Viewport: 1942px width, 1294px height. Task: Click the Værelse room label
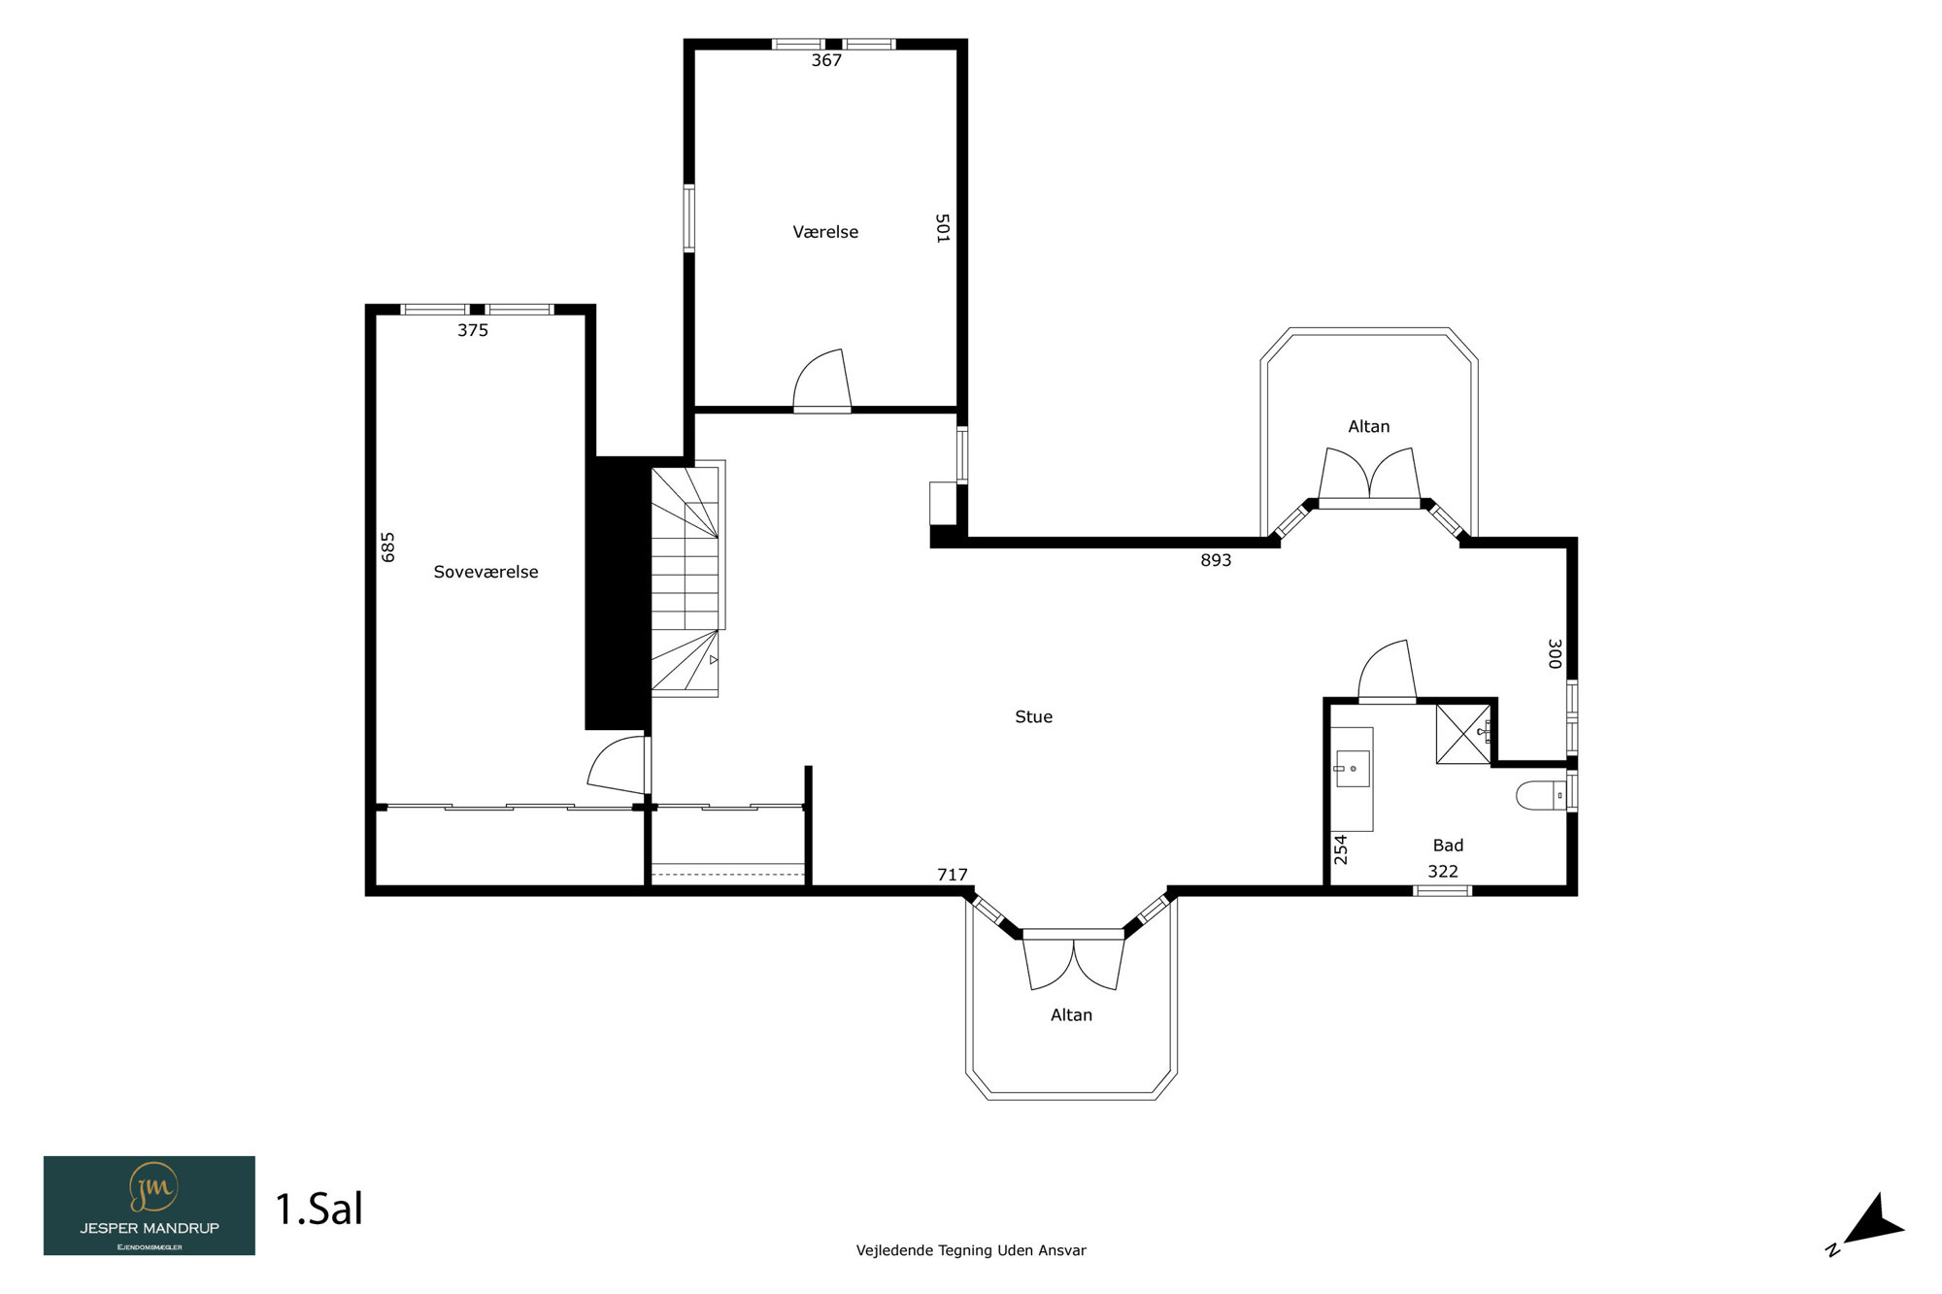point(825,232)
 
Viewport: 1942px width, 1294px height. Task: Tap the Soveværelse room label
point(485,572)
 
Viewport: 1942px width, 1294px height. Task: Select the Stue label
point(1033,716)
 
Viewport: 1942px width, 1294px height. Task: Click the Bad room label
point(1448,846)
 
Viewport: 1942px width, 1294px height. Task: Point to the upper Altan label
point(1369,426)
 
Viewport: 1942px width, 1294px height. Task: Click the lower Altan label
point(1071,1014)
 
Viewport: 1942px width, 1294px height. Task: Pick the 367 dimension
point(826,60)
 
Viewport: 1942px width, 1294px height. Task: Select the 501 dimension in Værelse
point(942,228)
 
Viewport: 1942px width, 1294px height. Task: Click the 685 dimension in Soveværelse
point(388,547)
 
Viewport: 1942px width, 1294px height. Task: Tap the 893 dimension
point(1216,560)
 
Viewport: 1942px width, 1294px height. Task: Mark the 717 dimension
point(953,875)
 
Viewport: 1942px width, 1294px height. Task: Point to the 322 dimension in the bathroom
point(1443,872)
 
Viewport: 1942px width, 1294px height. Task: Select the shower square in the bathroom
point(1463,734)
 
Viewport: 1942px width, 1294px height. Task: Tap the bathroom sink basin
point(1352,769)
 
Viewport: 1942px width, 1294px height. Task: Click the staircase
point(686,579)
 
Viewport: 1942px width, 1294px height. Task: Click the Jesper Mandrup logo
point(150,1206)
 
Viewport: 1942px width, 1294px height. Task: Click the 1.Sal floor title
point(319,1210)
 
